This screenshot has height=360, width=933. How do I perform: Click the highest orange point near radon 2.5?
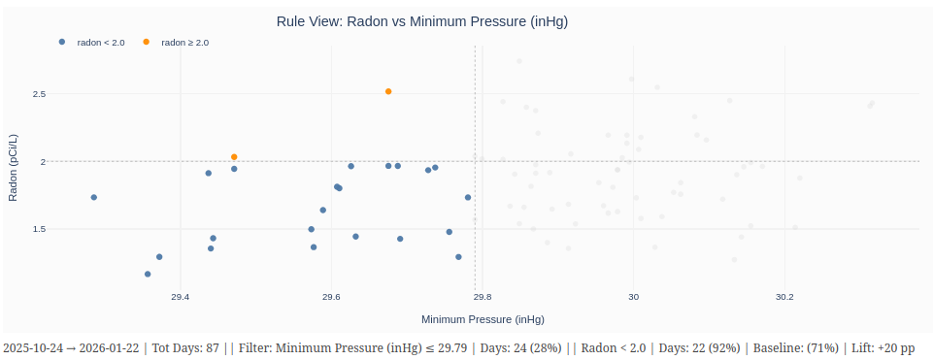pyautogui.click(x=388, y=91)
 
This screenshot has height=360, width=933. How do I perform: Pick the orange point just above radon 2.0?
pyautogui.click(x=234, y=157)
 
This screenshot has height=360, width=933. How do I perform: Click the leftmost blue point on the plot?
pyautogui.click(x=94, y=197)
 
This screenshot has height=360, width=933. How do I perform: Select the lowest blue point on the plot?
pyautogui.click(x=148, y=274)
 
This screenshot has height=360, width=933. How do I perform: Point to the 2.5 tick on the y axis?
pyautogui.click(x=38, y=94)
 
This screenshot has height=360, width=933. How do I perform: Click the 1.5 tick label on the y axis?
pyautogui.click(x=38, y=229)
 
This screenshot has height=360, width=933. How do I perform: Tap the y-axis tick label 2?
pyautogui.click(x=43, y=161)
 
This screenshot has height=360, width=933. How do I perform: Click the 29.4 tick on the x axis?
pyautogui.click(x=180, y=297)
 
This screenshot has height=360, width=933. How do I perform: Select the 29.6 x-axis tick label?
pyautogui.click(x=331, y=297)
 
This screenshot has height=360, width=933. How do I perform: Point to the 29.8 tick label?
pyautogui.click(x=483, y=297)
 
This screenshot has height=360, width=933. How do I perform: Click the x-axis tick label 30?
pyautogui.click(x=634, y=297)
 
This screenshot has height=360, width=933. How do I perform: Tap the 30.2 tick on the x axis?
pyautogui.click(x=785, y=297)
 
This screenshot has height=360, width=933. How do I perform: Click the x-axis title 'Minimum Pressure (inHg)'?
pyautogui.click(x=483, y=319)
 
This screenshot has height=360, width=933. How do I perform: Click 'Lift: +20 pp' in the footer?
pyautogui.click(x=883, y=347)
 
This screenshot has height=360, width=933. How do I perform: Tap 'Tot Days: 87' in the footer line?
pyautogui.click(x=185, y=347)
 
